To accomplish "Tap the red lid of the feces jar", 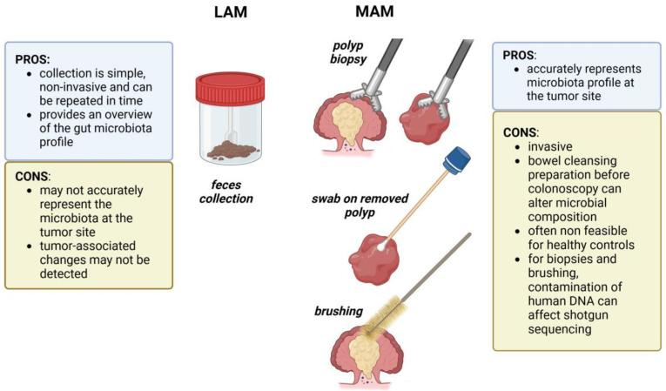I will pyautogui.click(x=231, y=84).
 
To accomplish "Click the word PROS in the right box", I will pyautogui.click(x=519, y=54).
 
